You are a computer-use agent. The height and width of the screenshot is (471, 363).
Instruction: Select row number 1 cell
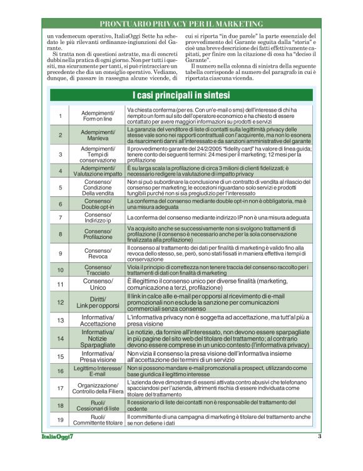tap(61, 116)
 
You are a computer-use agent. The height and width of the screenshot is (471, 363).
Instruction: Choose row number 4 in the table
tap(61, 171)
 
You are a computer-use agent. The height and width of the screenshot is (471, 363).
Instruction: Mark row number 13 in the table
tap(61, 320)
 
